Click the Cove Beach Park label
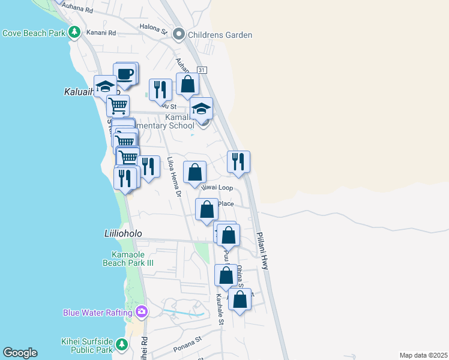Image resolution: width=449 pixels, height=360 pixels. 33,34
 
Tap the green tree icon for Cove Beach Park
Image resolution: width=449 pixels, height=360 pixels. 74,32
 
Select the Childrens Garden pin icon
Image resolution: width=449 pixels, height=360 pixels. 178,35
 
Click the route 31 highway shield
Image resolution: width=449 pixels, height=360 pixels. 202,70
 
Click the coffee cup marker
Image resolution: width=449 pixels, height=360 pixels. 125,74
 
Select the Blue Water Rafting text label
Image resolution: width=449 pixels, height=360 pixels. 98,312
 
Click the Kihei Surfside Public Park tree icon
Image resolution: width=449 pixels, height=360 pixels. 122,344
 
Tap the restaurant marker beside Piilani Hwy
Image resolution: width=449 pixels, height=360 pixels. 238,162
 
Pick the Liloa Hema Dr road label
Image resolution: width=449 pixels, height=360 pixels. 174,177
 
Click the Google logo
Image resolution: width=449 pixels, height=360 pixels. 20,353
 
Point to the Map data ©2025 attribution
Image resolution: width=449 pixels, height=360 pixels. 423,355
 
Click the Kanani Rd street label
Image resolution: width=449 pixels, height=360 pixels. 101,32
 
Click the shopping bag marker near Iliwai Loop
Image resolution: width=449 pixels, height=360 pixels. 195,173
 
